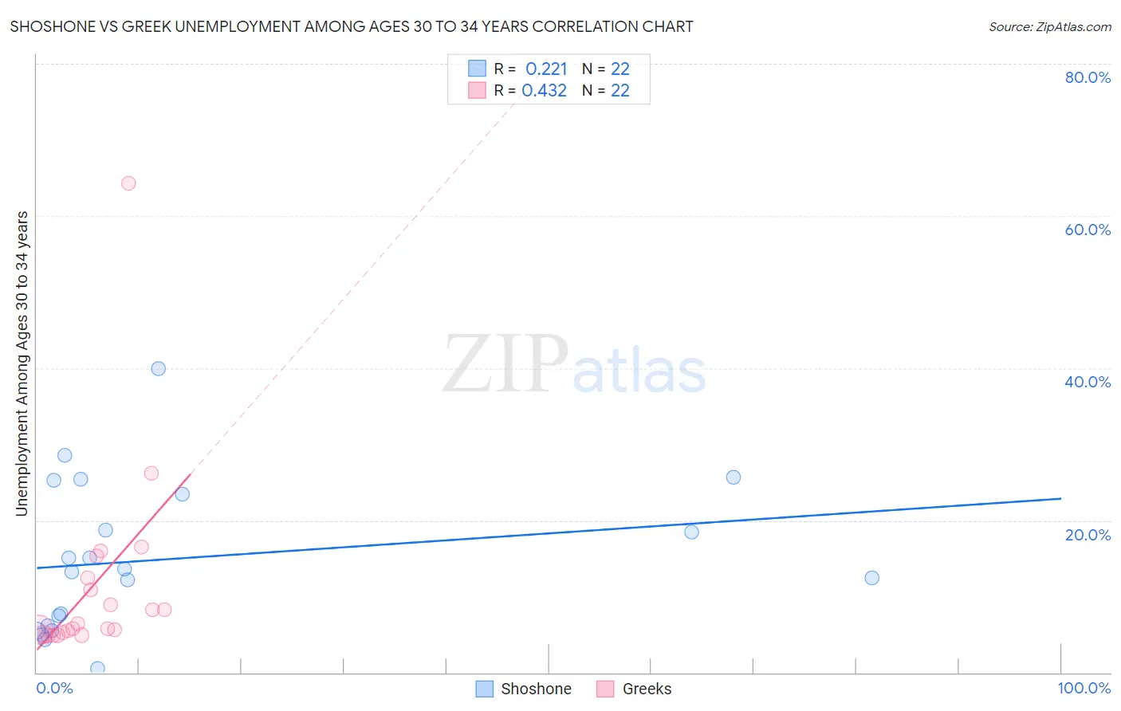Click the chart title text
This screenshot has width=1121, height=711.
tap(352, 26)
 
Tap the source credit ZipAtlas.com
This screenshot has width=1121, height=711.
tap(1049, 26)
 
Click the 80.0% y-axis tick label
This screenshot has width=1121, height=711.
tap(1088, 77)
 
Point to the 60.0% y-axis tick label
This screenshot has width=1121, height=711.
tap(1088, 230)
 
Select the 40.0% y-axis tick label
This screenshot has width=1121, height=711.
tap(1088, 382)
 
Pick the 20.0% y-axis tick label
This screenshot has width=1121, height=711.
tap(1088, 535)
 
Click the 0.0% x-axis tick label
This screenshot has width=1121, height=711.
tap(54, 688)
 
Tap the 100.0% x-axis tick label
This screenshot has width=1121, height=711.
tap(1084, 688)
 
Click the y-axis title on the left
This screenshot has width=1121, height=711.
tap(22, 363)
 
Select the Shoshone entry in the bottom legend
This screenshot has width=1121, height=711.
tap(536, 689)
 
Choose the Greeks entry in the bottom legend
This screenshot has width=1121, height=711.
tap(647, 689)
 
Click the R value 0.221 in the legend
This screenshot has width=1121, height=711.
tap(546, 69)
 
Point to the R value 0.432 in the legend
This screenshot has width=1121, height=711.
tap(545, 90)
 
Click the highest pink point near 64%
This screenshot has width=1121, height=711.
tap(128, 183)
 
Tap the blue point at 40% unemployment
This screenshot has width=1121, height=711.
tap(159, 368)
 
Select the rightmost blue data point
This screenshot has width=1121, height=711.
tap(871, 578)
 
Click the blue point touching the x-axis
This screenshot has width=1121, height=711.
tap(97, 668)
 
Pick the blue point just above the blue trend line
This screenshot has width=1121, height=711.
tap(734, 477)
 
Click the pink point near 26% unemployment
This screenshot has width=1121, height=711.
tap(151, 473)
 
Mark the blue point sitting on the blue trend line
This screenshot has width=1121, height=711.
tap(691, 532)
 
